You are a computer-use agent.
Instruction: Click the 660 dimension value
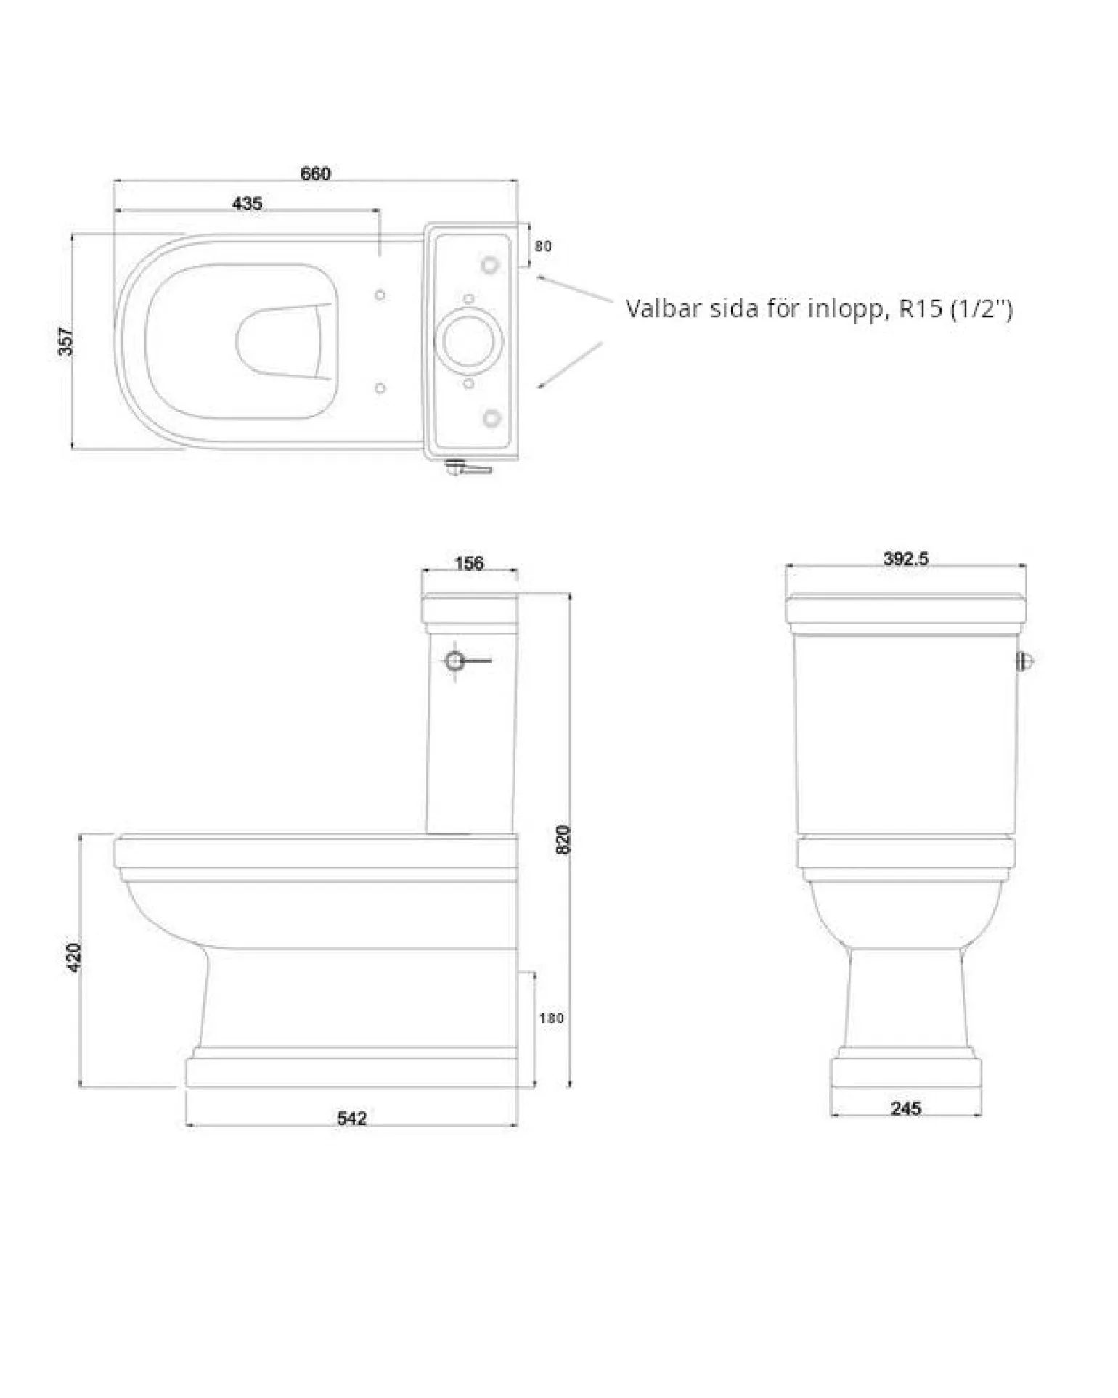pyautogui.click(x=316, y=173)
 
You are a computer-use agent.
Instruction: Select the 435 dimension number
pyautogui.click(x=247, y=203)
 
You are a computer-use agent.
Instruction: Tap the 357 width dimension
pyautogui.click(x=66, y=342)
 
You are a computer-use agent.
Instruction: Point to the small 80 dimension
pyautogui.click(x=543, y=246)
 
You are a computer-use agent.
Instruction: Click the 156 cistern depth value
pyautogui.click(x=469, y=563)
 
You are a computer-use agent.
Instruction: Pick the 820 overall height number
pyautogui.click(x=563, y=840)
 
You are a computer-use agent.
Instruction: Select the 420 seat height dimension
pyautogui.click(x=74, y=957)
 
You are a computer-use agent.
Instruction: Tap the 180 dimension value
pyautogui.click(x=552, y=1018)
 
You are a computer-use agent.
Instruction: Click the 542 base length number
pyautogui.click(x=352, y=1119)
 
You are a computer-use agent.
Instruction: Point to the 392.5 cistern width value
pyautogui.click(x=906, y=558)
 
